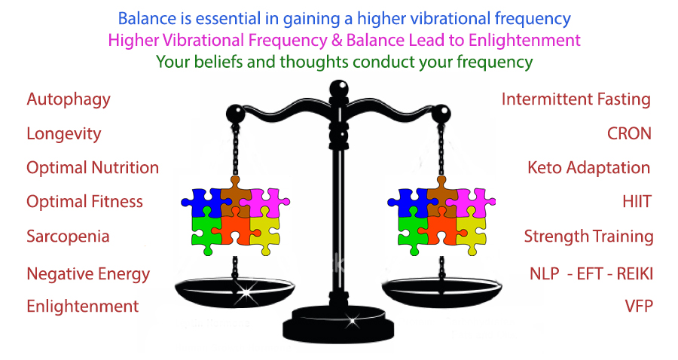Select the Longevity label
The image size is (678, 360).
point(63,134)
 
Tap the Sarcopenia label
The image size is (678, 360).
point(68,236)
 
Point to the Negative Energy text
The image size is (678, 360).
point(88,274)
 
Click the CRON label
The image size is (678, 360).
point(629,134)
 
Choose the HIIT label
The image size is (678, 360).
point(637,202)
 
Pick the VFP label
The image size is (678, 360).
point(639,306)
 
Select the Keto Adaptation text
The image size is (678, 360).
point(589,168)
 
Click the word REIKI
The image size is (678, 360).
point(634,274)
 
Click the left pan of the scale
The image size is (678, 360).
point(235,292)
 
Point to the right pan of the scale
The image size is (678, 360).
point(441,292)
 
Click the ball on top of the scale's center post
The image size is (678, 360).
point(338,89)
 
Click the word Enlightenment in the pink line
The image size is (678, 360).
point(524,41)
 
